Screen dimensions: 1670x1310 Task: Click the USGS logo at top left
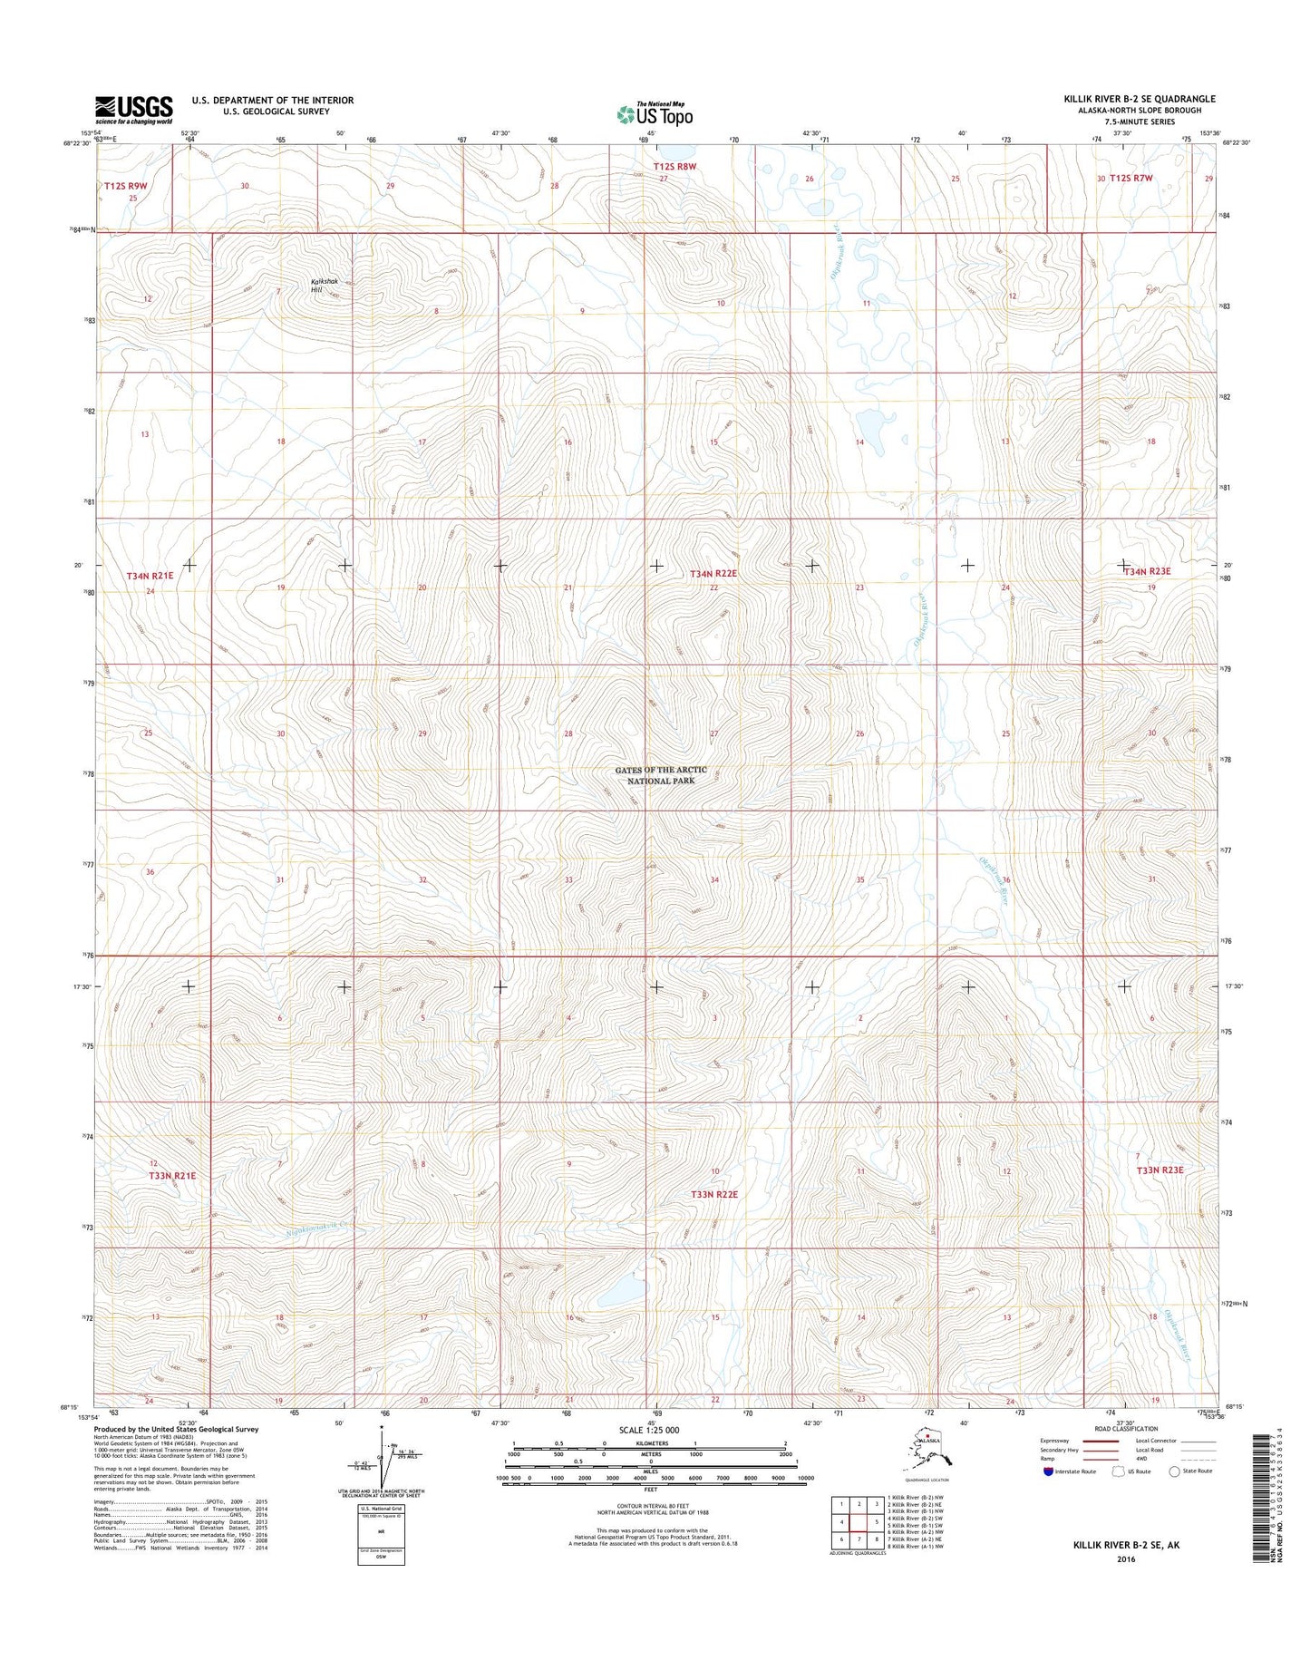[x=133, y=110]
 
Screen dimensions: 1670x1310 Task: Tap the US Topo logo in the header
[x=655, y=113]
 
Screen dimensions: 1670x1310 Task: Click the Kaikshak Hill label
[x=325, y=285]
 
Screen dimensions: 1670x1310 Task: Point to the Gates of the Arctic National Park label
[x=661, y=775]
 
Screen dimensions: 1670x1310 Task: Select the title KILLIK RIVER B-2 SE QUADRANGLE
[x=1140, y=99]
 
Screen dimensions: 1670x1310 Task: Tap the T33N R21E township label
[x=172, y=1175]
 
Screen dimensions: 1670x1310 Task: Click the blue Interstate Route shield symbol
[x=1048, y=1471]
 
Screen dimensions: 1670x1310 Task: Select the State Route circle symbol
[x=1175, y=1471]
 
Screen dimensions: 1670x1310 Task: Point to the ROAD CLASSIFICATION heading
[x=1125, y=1429]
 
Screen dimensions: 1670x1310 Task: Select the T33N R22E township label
[x=713, y=1195]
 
